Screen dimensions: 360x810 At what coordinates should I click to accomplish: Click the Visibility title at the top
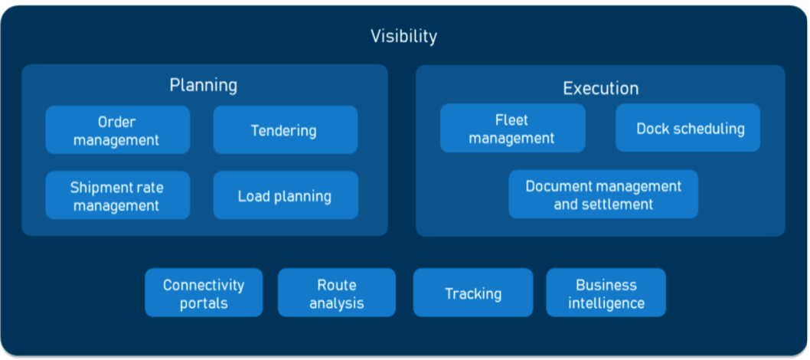click(403, 36)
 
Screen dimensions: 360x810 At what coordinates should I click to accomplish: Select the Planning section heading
click(203, 84)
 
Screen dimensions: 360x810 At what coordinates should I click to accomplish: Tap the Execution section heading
click(600, 88)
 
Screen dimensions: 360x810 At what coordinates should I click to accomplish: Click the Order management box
click(117, 130)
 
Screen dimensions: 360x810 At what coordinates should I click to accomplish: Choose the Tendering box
click(285, 130)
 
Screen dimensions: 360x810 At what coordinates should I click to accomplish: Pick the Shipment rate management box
click(117, 196)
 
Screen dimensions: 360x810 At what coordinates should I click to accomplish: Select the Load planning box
click(285, 196)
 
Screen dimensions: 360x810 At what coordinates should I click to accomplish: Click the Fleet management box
click(512, 129)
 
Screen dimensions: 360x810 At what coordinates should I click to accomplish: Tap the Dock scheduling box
click(689, 129)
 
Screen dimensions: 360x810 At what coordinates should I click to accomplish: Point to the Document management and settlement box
click(603, 195)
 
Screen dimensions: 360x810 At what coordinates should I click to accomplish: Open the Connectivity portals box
click(204, 293)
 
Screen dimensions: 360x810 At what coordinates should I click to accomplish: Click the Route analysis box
click(337, 293)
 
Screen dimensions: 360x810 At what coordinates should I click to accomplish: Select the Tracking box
click(473, 293)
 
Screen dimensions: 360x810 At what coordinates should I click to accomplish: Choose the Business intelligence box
click(606, 293)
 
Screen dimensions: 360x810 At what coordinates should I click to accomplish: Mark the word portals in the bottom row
click(204, 303)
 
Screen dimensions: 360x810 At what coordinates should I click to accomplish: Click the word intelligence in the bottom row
click(606, 303)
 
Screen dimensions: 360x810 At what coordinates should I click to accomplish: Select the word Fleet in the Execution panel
click(512, 119)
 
